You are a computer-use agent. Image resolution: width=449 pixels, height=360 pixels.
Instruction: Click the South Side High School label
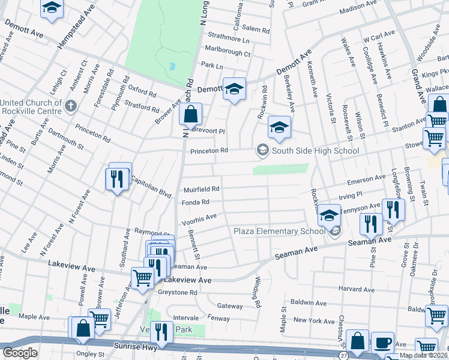[315, 151]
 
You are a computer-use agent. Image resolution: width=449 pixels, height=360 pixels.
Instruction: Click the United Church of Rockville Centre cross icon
[70, 106]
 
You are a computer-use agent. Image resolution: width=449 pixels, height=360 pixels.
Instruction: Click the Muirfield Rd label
[201, 188]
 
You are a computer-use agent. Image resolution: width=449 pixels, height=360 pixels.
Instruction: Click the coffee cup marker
[382, 343]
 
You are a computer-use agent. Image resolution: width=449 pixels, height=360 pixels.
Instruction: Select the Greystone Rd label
[178, 293]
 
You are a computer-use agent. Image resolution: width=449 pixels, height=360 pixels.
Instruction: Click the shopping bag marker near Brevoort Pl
[190, 114]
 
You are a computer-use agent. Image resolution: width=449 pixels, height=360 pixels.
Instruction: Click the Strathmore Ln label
[228, 40]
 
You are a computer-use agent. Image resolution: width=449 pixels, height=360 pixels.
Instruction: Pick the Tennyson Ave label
[360, 207]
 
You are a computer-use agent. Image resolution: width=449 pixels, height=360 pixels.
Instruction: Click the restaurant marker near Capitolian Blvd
[118, 178]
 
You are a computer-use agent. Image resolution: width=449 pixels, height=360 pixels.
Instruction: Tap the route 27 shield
[343, 355]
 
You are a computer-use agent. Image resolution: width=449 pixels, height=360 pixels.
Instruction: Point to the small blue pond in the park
[173, 66]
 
